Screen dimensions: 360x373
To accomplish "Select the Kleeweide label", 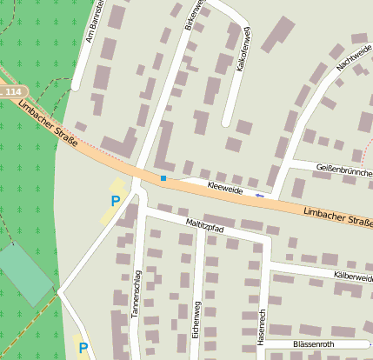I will [224, 186].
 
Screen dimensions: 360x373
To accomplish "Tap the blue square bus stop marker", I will [163, 178].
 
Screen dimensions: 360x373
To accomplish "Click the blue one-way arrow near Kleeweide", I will [259, 196].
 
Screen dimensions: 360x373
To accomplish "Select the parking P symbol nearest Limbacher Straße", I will [115, 201].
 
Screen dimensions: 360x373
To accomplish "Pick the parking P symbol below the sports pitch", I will [83, 348].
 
